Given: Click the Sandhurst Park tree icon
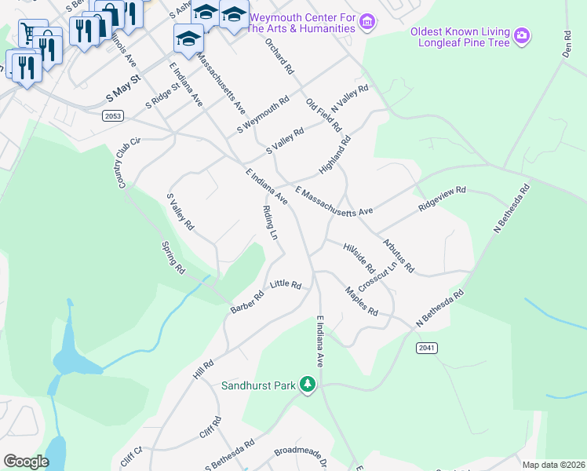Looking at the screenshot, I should (x=310, y=384).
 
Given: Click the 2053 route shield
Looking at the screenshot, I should (x=113, y=115).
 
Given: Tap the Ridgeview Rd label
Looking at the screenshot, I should (x=443, y=195).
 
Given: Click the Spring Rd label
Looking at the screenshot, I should (x=173, y=257).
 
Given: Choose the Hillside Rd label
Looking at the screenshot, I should (x=359, y=257).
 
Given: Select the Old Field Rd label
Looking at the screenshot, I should (x=323, y=115).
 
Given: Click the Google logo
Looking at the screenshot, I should (x=26, y=462).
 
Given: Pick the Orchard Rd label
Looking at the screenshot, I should (x=279, y=56).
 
